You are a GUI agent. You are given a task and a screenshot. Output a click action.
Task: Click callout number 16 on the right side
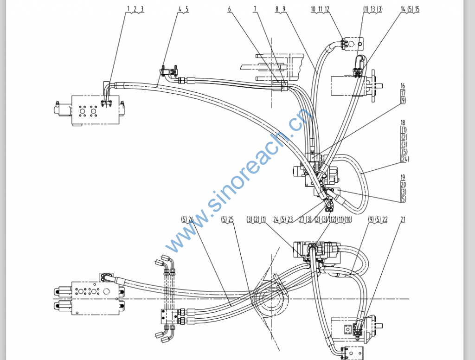pyautogui.click(x=403, y=86)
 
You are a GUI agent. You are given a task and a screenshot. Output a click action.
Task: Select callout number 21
pyautogui.click(x=403, y=219)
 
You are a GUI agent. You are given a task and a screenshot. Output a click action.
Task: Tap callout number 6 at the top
pyautogui.click(x=229, y=9)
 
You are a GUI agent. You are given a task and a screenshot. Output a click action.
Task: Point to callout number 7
pyautogui.click(x=255, y=9)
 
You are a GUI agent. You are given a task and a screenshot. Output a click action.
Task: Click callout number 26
pyautogui.click(x=191, y=219)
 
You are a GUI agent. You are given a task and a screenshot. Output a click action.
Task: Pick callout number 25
pyautogui.click(x=231, y=219)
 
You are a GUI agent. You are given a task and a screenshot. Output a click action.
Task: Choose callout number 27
pyautogui.click(x=302, y=219)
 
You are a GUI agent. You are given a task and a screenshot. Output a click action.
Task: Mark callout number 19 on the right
pyautogui.click(x=403, y=177)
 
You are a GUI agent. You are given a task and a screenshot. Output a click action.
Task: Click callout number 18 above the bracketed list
pyautogui.click(x=403, y=122)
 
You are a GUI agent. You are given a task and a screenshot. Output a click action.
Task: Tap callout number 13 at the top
pyautogui.click(x=372, y=9)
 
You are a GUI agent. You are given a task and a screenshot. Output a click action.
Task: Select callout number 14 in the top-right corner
pyautogui.click(x=403, y=9)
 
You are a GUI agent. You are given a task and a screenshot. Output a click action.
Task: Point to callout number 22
pyautogui.click(x=385, y=219)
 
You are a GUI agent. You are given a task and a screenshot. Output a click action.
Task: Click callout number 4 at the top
pyautogui.click(x=180, y=9)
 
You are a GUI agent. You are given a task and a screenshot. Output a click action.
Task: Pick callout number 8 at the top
pyautogui.click(x=276, y=9)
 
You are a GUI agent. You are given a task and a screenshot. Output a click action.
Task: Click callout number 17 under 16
pyautogui.click(x=403, y=93)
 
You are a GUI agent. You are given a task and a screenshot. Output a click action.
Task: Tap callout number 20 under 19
pyautogui.click(x=403, y=184)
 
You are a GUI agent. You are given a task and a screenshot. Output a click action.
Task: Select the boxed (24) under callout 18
pyautogui.click(x=404, y=159)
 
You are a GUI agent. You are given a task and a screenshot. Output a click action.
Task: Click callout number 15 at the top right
pyautogui.click(x=417, y=9)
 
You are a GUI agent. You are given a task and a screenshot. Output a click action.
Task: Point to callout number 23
pyautogui.click(x=290, y=219)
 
